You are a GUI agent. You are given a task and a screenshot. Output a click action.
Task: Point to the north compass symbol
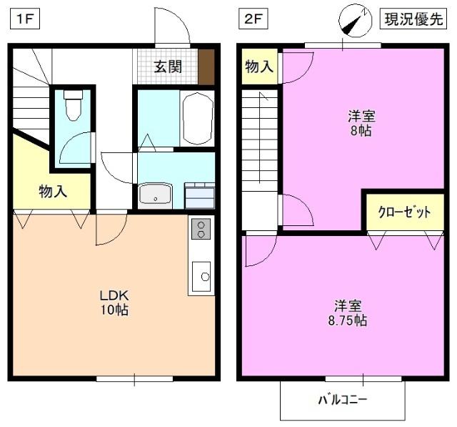click(x=355, y=20)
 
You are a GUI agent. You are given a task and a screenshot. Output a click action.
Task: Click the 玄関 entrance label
click(x=168, y=67)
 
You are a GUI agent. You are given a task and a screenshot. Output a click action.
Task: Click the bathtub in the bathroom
click(x=197, y=118)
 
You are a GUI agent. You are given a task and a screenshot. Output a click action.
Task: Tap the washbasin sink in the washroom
click(x=155, y=195)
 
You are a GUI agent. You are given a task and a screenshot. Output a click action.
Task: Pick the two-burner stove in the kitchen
click(x=201, y=230)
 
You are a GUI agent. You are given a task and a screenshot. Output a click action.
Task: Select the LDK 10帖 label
click(x=114, y=303)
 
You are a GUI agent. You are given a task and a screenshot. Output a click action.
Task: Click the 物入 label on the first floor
click(x=52, y=191)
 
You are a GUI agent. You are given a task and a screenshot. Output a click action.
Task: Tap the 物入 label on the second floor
click(x=259, y=67)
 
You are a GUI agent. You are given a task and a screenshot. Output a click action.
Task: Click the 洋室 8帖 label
click(x=361, y=123)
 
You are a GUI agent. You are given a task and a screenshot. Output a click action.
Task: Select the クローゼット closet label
click(x=403, y=212)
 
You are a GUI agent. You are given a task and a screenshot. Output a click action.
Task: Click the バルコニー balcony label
click(x=343, y=399)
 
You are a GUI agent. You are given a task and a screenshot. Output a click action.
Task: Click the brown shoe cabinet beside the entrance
click(x=206, y=67)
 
